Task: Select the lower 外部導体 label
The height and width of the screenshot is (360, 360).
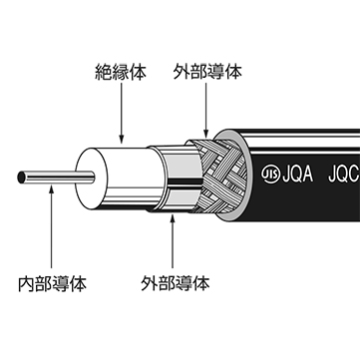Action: [x=177, y=283]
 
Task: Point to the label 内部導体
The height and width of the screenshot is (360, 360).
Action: [x=52, y=283]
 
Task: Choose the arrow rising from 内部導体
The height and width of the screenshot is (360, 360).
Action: [x=52, y=229]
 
